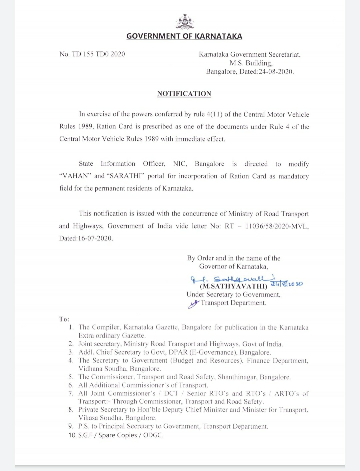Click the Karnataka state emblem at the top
click(184, 22)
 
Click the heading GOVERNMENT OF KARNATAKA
click(184, 36)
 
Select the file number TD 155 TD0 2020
click(98, 54)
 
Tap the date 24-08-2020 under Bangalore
click(276, 71)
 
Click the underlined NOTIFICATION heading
click(184, 94)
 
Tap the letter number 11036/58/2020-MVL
click(277, 226)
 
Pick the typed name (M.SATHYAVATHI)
click(233, 286)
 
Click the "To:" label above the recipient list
click(64, 319)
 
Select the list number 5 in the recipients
click(71, 377)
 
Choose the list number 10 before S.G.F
click(72, 435)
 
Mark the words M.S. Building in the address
click(251, 63)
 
